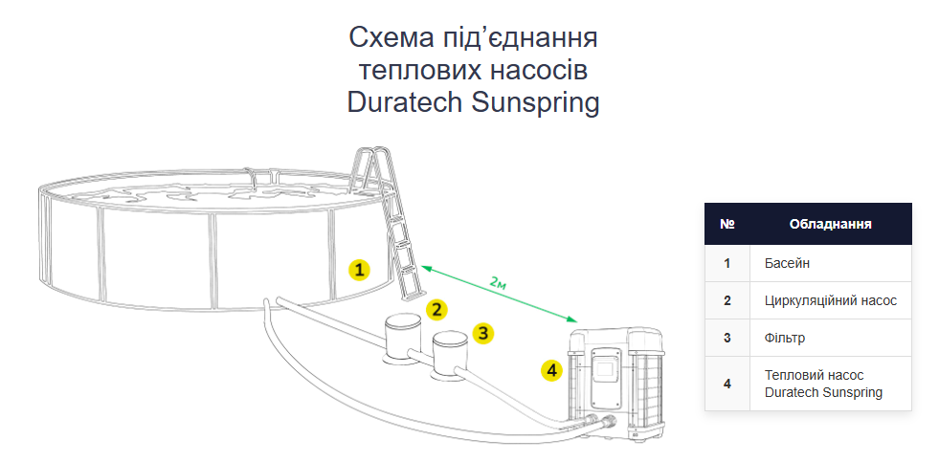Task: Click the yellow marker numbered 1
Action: point(358,270)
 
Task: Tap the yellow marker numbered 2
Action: point(436,309)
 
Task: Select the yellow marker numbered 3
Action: point(483,333)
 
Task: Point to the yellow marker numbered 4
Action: point(550,369)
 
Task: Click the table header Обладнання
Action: point(829,224)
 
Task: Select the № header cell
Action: point(727,224)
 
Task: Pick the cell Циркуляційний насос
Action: point(830,300)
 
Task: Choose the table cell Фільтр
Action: point(785,338)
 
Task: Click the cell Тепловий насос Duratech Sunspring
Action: point(823,384)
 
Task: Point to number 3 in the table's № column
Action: point(727,338)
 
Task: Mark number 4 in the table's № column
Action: point(727,384)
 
